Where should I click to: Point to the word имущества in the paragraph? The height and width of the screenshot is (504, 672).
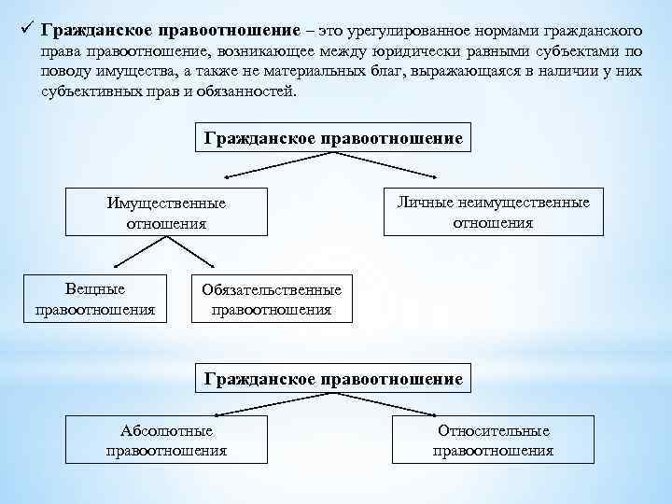[x=131, y=73]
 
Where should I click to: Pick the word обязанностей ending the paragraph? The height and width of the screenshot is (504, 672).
[x=249, y=91]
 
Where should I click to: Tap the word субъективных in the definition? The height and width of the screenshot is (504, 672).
[x=90, y=91]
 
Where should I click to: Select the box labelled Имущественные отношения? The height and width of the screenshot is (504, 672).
[x=166, y=213]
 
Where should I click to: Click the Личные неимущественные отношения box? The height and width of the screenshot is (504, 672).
[x=493, y=212]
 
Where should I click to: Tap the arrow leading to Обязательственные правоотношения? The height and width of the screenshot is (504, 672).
[x=213, y=268]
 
